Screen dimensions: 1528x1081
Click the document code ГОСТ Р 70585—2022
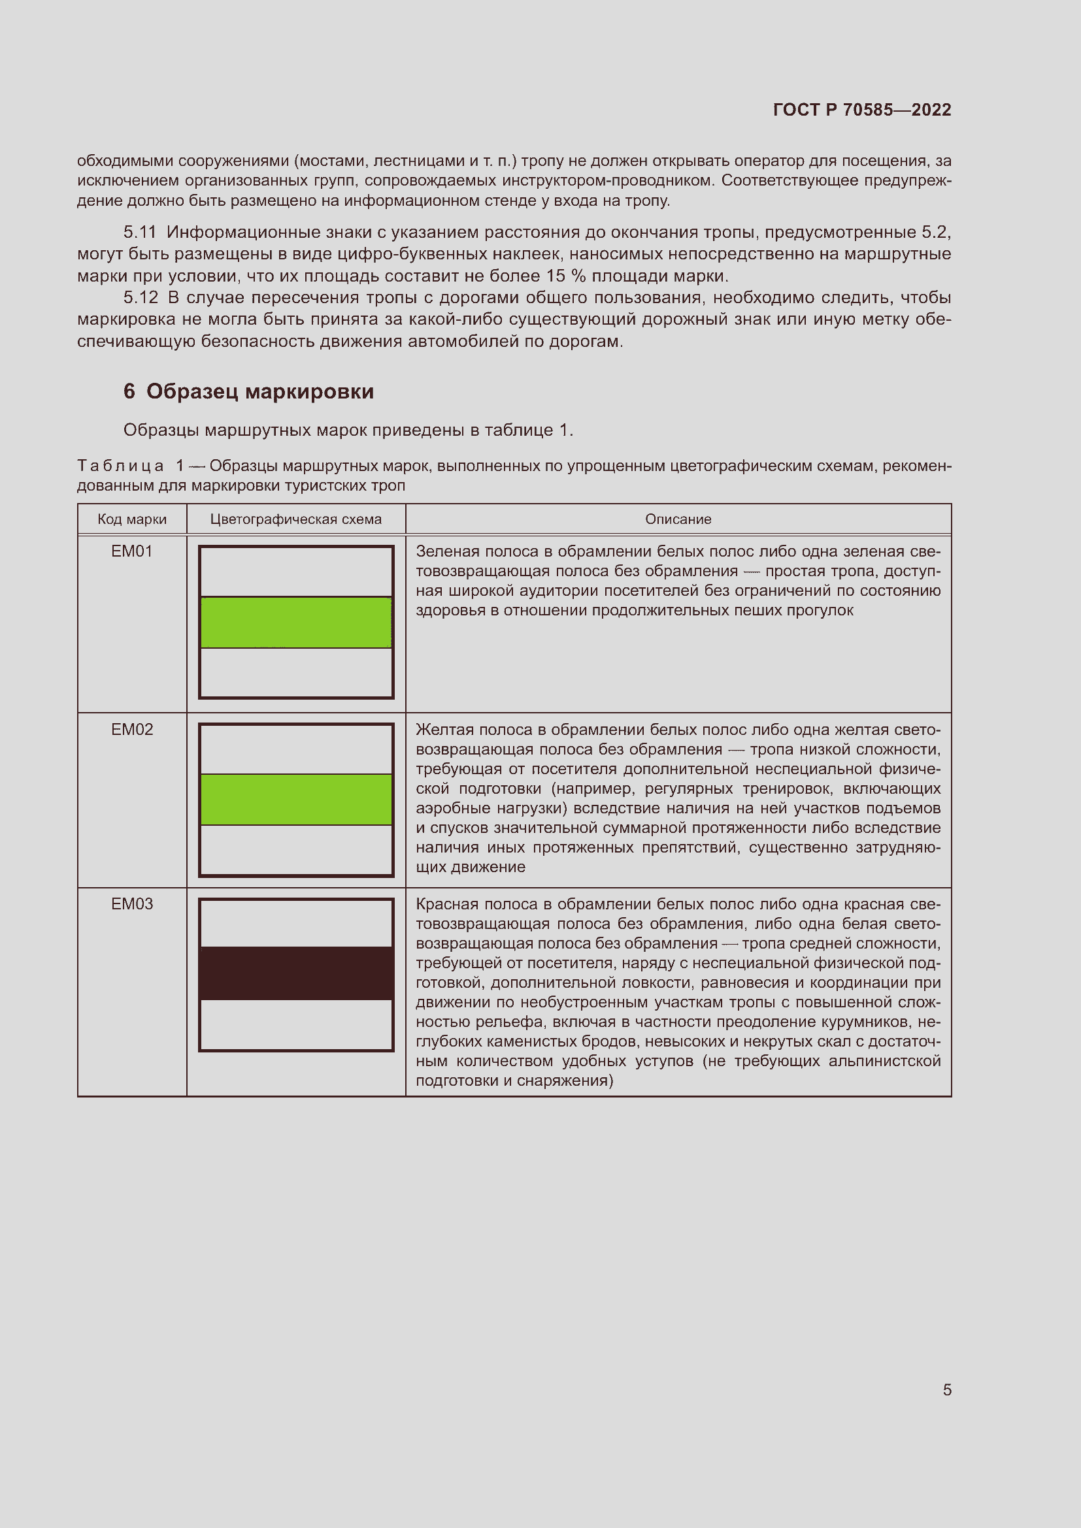click(x=862, y=110)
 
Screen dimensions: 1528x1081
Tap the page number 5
click(x=947, y=1390)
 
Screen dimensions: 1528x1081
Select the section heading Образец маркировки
click(x=259, y=391)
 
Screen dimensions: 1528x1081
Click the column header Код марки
click(x=132, y=519)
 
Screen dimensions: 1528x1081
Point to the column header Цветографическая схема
click(x=295, y=519)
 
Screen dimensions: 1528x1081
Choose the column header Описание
click(x=678, y=519)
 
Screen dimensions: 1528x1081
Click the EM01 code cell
click(x=132, y=551)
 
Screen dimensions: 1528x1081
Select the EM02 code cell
click(x=132, y=730)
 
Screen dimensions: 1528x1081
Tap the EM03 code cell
click(x=132, y=903)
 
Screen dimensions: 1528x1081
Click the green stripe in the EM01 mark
click(x=296, y=623)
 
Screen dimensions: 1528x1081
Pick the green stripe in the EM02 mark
click(x=296, y=799)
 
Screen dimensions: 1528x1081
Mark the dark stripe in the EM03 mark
click(x=296, y=973)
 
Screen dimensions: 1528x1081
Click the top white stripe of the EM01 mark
click(x=296, y=572)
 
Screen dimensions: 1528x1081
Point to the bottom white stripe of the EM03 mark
click(x=296, y=1024)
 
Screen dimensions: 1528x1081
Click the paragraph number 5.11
click(x=140, y=233)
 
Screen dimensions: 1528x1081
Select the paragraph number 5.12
click(x=141, y=297)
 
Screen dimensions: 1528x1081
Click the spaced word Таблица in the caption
click(x=120, y=466)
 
